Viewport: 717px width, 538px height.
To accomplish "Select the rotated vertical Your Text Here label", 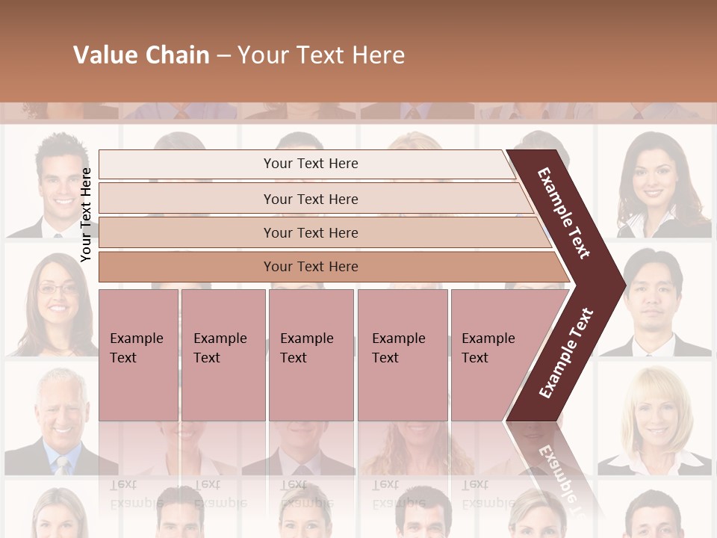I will coord(86,214).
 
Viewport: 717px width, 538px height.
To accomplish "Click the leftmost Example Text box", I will coord(138,355).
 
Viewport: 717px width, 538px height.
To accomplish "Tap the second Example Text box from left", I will coord(223,355).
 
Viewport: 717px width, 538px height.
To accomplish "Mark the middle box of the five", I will coord(311,355).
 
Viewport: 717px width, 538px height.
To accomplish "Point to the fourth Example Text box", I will coord(403,355).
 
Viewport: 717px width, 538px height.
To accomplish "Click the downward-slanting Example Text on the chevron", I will coord(564,213).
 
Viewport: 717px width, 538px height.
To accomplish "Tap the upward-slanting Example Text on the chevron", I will coord(566,353).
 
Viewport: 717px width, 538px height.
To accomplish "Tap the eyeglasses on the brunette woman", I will coord(58,288).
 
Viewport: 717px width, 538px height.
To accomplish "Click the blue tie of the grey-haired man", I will coord(62,466).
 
